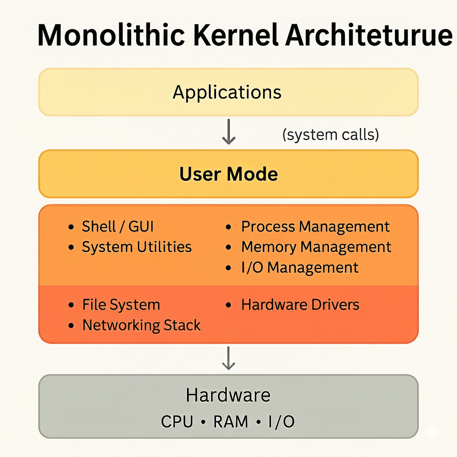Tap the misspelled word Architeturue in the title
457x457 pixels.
click(369, 35)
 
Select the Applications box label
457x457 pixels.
click(227, 92)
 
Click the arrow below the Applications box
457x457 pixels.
click(228, 132)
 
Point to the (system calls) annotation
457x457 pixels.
click(331, 134)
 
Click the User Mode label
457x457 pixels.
click(228, 174)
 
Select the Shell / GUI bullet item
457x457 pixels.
click(117, 227)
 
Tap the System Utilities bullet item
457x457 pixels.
click(137, 247)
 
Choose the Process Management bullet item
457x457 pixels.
click(315, 227)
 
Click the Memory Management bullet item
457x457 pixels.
click(316, 247)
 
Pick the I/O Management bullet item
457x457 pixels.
click(299, 267)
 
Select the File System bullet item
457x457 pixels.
click(121, 305)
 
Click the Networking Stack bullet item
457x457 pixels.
click(141, 325)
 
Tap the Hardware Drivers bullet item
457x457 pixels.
click(300, 305)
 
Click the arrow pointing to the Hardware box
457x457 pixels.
click(228, 357)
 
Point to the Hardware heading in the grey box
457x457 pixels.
click(228, 395)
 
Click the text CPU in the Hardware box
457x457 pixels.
click(177, 422)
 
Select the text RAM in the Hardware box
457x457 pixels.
click(231, 422)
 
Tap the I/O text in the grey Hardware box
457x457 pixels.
click(281, 422)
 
